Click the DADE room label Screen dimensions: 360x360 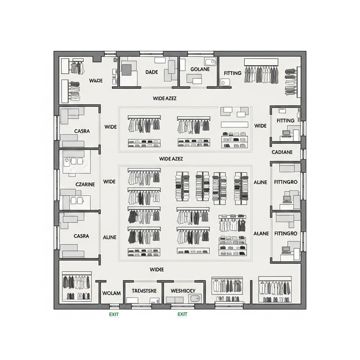151,72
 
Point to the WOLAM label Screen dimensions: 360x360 112,293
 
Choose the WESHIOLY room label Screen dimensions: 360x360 183,291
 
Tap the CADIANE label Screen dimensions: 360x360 282,152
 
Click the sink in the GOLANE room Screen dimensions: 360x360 210,62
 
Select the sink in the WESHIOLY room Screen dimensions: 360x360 195,298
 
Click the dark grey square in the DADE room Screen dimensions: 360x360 126,70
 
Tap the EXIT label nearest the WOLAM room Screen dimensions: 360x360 114,314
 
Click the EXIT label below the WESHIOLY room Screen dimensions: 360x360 182,314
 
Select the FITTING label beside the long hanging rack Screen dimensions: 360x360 233,73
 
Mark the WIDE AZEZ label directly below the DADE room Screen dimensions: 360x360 164,98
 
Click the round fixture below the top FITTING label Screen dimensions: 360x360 225,82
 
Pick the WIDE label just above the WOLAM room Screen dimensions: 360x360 156,269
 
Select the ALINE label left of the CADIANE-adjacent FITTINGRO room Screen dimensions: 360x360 261,182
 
